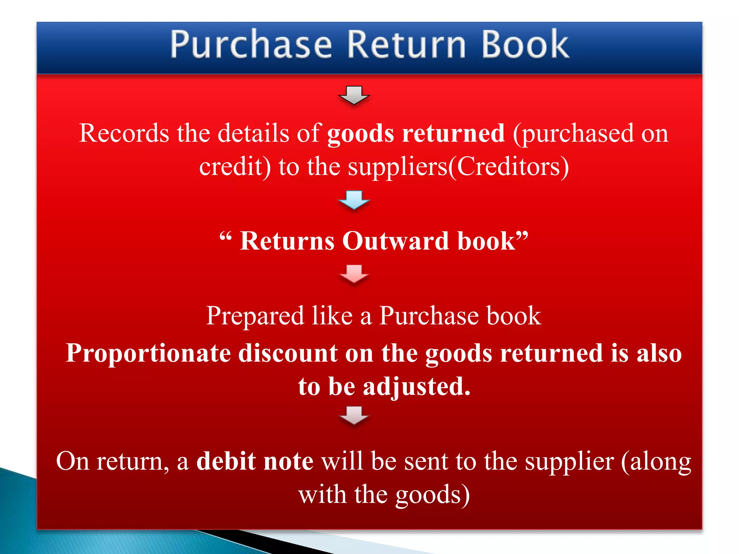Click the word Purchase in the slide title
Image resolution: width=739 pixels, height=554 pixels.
[251, 45]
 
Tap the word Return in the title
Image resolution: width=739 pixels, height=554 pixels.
[406, 45]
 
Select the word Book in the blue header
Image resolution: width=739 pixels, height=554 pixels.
[525, 45]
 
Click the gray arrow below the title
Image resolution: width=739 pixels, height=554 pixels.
[354, 95]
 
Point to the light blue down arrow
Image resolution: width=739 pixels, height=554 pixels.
[354, 199]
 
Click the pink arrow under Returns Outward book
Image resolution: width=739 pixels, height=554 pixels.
[354, 274]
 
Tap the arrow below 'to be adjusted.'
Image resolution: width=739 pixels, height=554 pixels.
[354, 415]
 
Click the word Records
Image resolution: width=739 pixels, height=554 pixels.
[124, 133]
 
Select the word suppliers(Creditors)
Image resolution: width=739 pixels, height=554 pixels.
[458, 167]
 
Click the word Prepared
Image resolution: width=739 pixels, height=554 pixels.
[255, 316]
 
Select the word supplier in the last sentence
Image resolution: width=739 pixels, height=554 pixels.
[569, 462]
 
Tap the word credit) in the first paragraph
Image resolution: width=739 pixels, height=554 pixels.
[235, 167]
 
